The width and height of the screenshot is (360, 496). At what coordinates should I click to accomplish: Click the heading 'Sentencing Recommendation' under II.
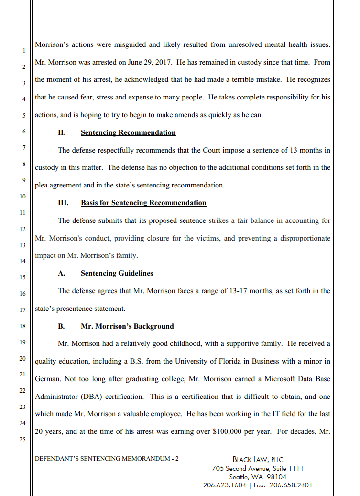(x=128, y=132)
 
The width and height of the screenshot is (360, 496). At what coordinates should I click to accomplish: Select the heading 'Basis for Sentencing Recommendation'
(x=143, y=203)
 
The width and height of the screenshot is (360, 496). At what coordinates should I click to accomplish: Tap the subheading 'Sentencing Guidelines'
(x=117, y=273)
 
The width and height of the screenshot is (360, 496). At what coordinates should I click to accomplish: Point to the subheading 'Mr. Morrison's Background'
(x=127, y=326)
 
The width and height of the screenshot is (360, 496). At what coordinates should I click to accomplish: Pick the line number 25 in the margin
(x=22, y=440)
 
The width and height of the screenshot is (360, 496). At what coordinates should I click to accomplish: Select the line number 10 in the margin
(x=22, y=197)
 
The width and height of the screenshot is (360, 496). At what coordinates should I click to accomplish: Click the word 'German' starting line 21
(x=47, y=378)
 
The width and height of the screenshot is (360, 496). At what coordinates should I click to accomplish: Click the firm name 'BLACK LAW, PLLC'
(x=258, y=460)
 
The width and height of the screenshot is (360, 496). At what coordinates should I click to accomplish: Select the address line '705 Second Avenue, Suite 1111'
(x=258, y=468)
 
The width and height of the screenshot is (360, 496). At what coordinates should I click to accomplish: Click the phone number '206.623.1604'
(x=225, y=485)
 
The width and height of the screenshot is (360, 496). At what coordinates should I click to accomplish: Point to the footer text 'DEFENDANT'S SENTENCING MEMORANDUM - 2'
(x=107, y=459)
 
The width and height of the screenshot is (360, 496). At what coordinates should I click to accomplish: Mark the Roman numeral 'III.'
(x=63, y=203)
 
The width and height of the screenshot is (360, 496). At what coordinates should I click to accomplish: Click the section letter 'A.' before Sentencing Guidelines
(x=61, y=273)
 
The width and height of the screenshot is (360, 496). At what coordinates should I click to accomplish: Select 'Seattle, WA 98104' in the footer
(x=258, y=477)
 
